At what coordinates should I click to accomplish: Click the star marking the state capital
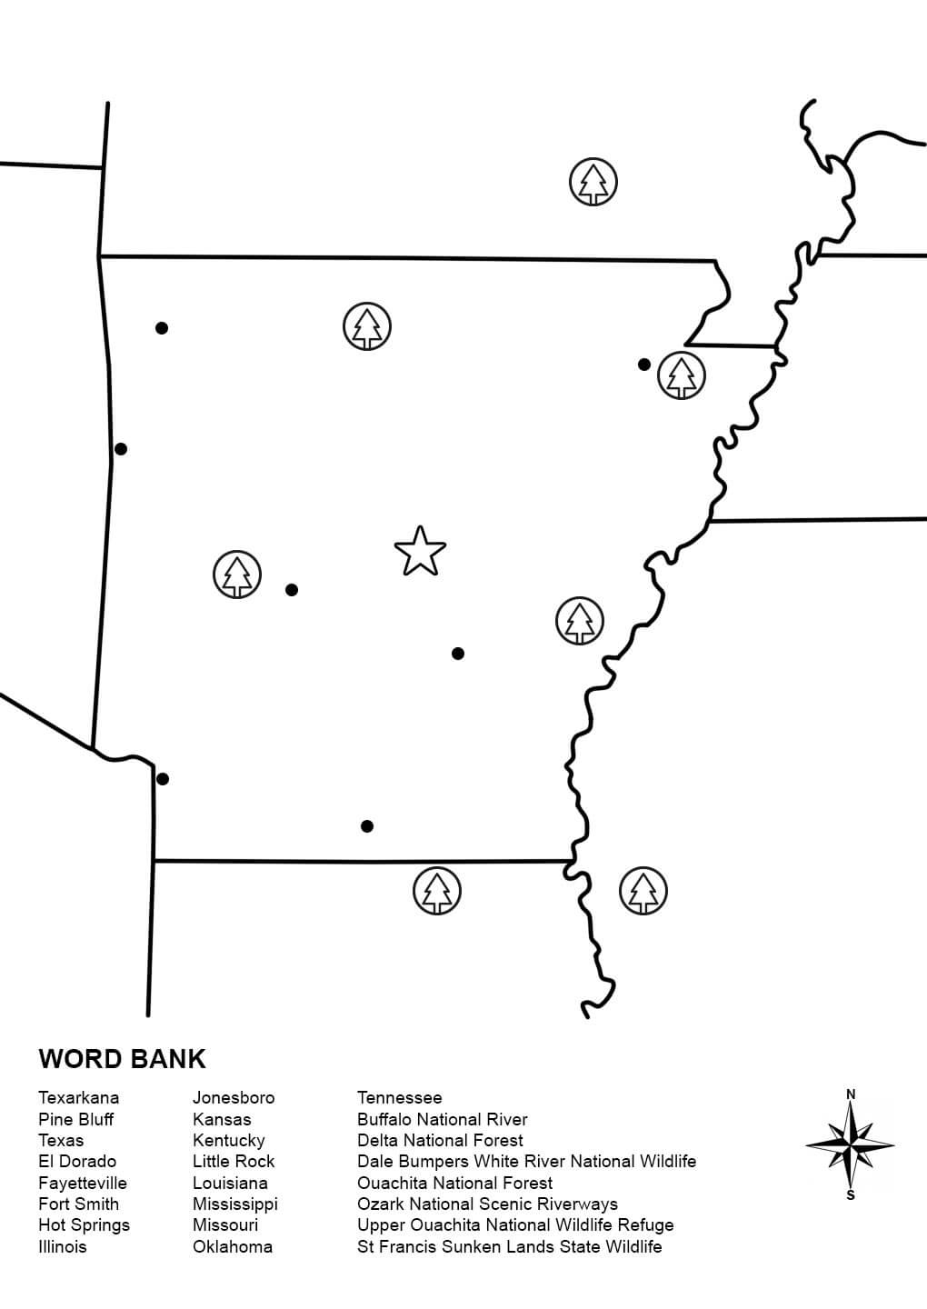[x=420, y=551]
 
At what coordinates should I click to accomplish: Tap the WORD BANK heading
[x=122, y=1059]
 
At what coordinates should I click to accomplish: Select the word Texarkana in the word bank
[x=78, y=1097]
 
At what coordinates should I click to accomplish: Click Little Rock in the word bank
[x=233, y=1161]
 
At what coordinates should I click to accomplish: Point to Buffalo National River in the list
[x=442, y=1119]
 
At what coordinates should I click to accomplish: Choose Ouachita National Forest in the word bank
[x=454, y=1183]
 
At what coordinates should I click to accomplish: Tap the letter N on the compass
[x=851, y=1094]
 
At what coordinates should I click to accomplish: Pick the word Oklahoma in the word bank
[x=232, y=1246]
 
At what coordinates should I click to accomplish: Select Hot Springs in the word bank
[x=84, y=1224]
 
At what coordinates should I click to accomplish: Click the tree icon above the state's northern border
[x=593, y=182]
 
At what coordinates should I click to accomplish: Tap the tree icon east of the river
[x=643, y=891]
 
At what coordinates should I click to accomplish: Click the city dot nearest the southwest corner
[x=163, y=779]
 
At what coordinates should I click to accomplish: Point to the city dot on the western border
[x=121, y=449]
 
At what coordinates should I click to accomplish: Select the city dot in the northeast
[x=644, y=365]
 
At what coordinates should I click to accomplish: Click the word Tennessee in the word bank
[x=399, y=1097]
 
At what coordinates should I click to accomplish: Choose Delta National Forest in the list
[x=440, y=1140]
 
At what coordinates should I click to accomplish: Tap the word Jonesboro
[x=233, y=1097]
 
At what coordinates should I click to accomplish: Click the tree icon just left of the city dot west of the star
[x=237, y=575]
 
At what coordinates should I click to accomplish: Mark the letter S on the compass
[x=851, y=1195]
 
